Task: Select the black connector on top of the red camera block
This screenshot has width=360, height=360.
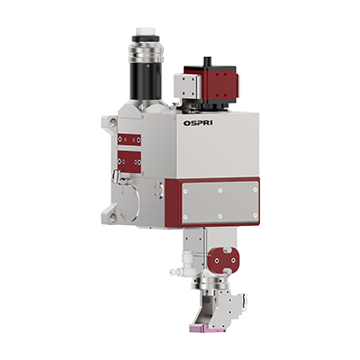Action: [207, 61]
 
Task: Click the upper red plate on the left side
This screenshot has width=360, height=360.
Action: [130, 139]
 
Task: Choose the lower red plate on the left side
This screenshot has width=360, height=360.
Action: [130, 162]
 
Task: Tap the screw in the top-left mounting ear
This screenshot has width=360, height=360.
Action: [112, 121]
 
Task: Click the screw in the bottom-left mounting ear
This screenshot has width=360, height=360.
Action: [112, 217]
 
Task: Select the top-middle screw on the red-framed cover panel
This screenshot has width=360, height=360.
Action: [220, 190]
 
